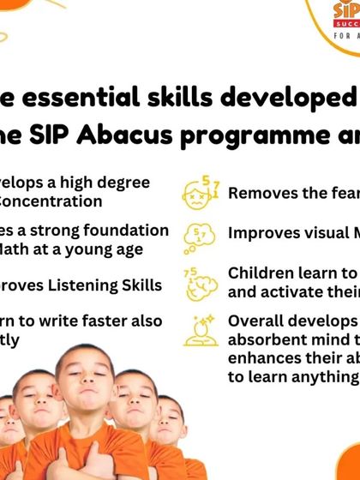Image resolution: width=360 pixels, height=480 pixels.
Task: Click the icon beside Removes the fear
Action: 197,194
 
